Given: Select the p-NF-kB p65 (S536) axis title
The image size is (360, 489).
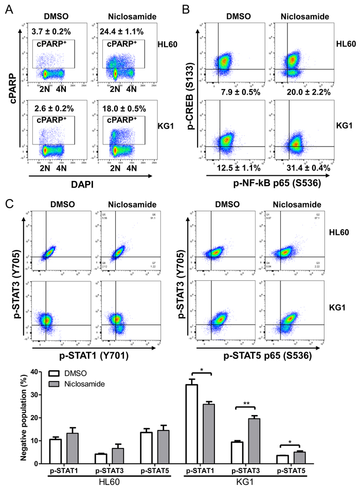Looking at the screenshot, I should point(274,182).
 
